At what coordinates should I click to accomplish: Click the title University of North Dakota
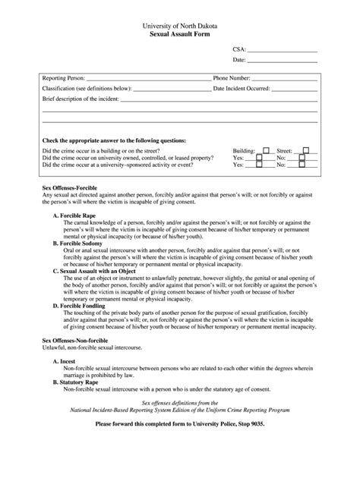tap(180, 25)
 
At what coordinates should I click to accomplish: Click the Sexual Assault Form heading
tap(180, 34)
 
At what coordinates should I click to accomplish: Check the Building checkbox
tap(266, 150)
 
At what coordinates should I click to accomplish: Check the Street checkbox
tap(305, 150)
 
